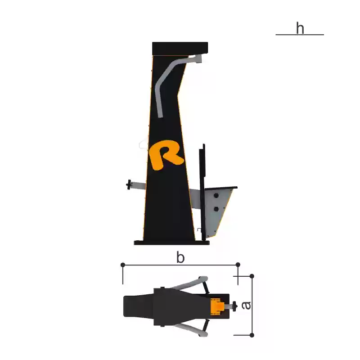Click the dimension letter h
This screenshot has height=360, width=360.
pyautogui.click(x=300, y=28)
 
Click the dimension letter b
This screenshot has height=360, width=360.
pyautogui.click(x=180, y=257)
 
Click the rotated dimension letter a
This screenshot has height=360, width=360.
pyautogui.click(x=247, y=306)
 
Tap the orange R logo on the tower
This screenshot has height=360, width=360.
pyautogui.click(x=166, y=155)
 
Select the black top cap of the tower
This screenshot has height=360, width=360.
pyautogui.click(x=180, y=49)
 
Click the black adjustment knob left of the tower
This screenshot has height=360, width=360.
pyautogui.click(x=129, y=184)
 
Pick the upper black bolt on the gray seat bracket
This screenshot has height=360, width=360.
pyautogui.click(x=216, y=196)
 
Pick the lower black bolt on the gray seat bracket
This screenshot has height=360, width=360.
pyautogui.click(x=216, y=209)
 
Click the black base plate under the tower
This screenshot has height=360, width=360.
pyautogui.click(x=172, y=243)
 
